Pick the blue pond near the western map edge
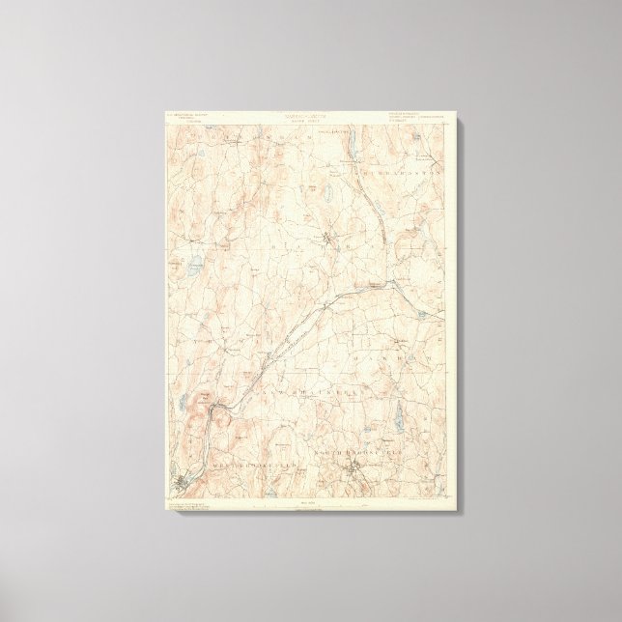(196, 262)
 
